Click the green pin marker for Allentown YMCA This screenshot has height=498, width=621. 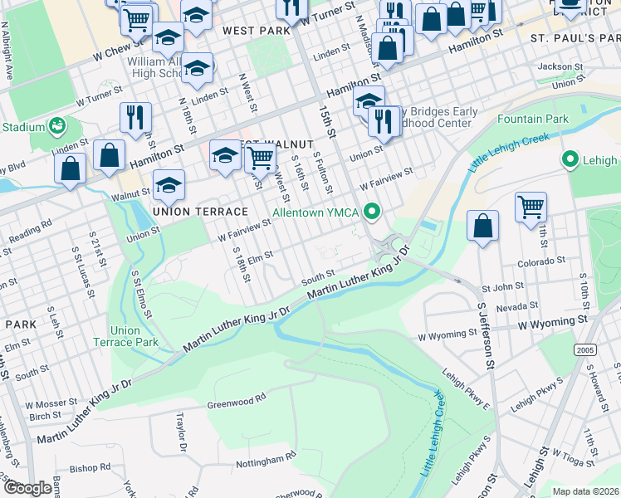point(373,213)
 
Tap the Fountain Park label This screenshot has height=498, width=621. point(533,119)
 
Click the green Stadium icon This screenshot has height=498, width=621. point(57,127)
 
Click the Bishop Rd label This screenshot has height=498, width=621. point(95,467)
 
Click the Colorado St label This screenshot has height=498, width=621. point(540,260)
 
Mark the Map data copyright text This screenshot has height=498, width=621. point(585,491)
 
